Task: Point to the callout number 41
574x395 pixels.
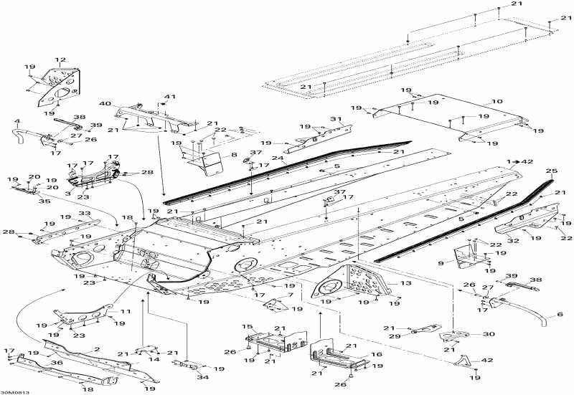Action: pos(170,96)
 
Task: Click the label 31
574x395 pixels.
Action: pos(334,119)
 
